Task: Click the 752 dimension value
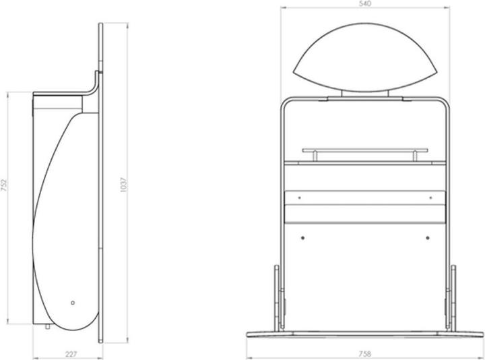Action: pos(4,185)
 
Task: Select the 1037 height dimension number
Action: pos(123,185)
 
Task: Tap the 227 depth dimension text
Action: pos(71,354)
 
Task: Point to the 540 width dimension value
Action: pos(365,4)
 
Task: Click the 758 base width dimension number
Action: pos(365,353)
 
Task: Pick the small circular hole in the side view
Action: pos(73,303)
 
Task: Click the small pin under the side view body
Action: pos(48,326)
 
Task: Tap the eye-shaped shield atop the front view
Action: pos(365,57)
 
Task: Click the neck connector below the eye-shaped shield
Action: pos(365,94)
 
